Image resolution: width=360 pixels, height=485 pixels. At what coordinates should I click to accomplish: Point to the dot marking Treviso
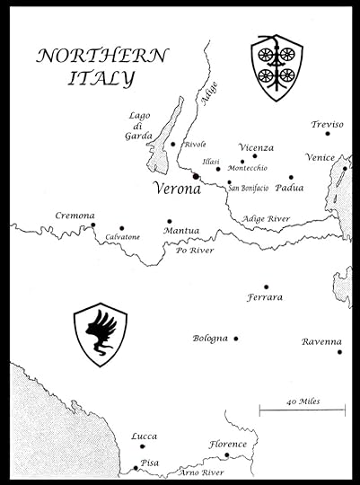tap(328, 133)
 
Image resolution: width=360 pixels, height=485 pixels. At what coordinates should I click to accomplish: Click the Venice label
tap(320, 156)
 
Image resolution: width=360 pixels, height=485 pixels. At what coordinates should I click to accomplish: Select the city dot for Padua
tap(291, 178)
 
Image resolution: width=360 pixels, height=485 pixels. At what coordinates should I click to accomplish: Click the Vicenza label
tap(257, 146)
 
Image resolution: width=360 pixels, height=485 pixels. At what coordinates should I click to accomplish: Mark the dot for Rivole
tap(173, 144)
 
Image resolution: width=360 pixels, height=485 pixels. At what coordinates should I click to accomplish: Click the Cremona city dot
tap(92, 225)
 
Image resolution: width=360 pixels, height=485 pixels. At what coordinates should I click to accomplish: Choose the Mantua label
tap(181, 231)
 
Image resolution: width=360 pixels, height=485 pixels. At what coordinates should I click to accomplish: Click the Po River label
tap(194, 251)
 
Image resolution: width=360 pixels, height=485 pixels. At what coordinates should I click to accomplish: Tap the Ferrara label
tap(266, 297)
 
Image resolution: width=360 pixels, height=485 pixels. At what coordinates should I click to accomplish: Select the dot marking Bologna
tap(236, 339)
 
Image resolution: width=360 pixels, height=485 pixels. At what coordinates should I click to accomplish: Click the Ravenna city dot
tap(339, 352)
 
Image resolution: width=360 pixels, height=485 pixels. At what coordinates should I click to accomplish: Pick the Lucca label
tap(144, 436)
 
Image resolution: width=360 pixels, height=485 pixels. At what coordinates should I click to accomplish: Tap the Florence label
tap(228, 444)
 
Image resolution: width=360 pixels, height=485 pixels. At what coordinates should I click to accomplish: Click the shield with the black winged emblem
tap(100, 334)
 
